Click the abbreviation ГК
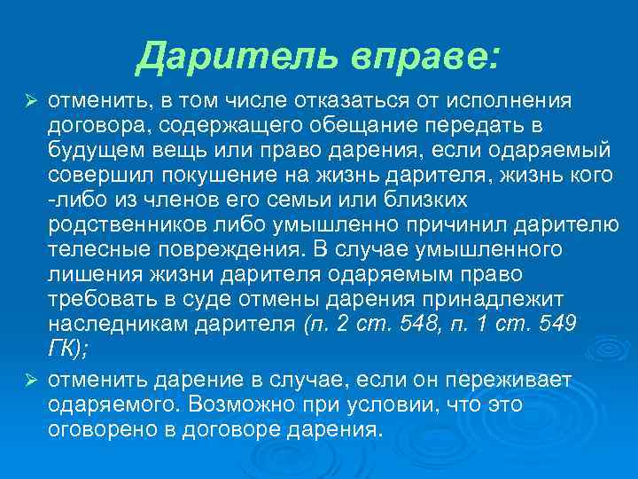pyautogui.click(x=62, y=349)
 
